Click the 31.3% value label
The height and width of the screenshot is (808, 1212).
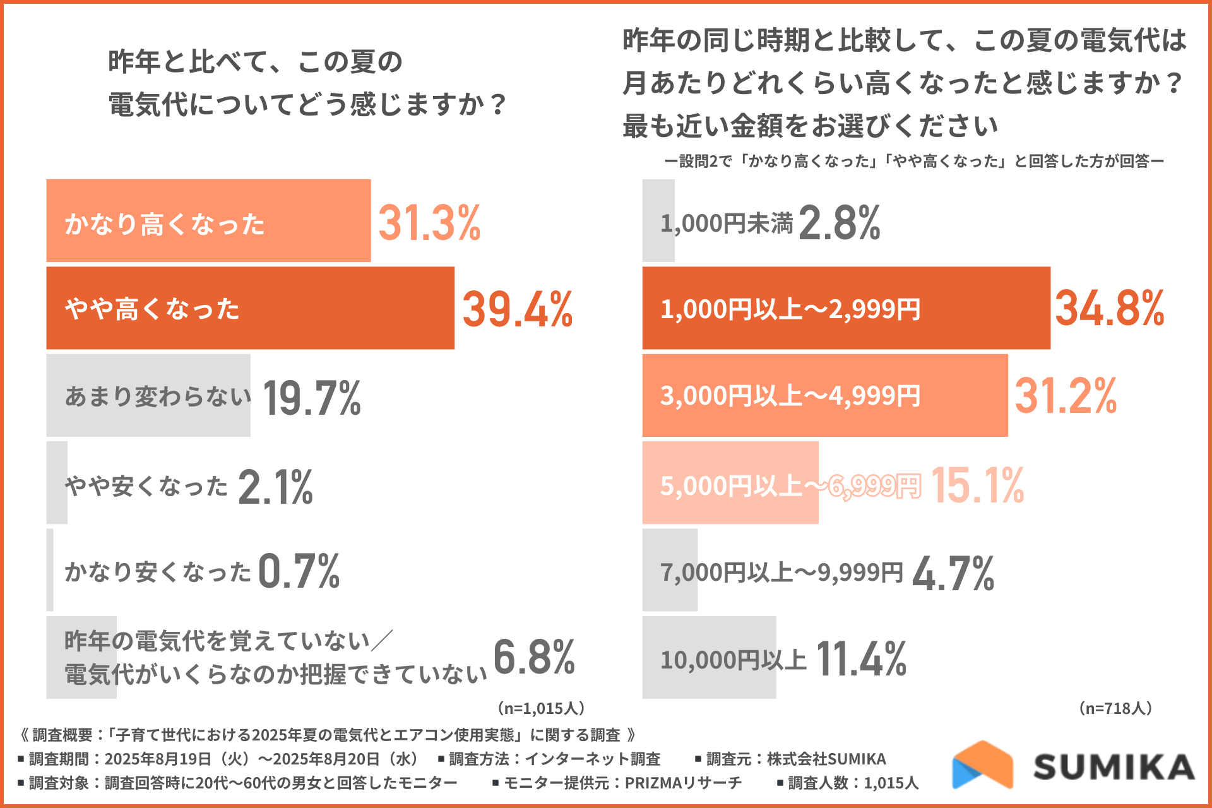[x=429, y=223]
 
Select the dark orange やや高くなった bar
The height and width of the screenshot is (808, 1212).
[x=250, y=308]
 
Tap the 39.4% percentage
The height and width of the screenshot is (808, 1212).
[x=517, y=309]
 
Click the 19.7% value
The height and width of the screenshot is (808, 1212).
[x=312, y=398]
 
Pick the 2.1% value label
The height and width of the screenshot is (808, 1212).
[x=275, y=487]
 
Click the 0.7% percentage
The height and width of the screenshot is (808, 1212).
[x=299, y=571]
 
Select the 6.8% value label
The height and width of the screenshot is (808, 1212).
[x=533, y=657]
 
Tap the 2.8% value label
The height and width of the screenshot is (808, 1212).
[x=839, y=223]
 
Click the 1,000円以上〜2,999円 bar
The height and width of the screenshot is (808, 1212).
[x=846, y=308]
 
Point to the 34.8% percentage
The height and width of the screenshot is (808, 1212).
[x=1109, y=309]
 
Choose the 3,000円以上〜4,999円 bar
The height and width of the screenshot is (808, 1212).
[x=824, y=396]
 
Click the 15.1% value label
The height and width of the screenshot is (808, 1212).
[x=977, y=485]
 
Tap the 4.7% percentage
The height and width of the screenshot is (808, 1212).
[x=953, y=573]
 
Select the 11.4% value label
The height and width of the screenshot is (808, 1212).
[x=861, y=659]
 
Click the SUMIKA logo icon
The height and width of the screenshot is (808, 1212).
[x=982, y=765]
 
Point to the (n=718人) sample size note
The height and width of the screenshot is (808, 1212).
[x=1116, y=708]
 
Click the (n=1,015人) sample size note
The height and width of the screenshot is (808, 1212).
[x=541, y=708]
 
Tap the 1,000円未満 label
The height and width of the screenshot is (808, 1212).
[x=727, y=223]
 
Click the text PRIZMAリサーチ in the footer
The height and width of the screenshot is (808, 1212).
[x=683, y=783]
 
